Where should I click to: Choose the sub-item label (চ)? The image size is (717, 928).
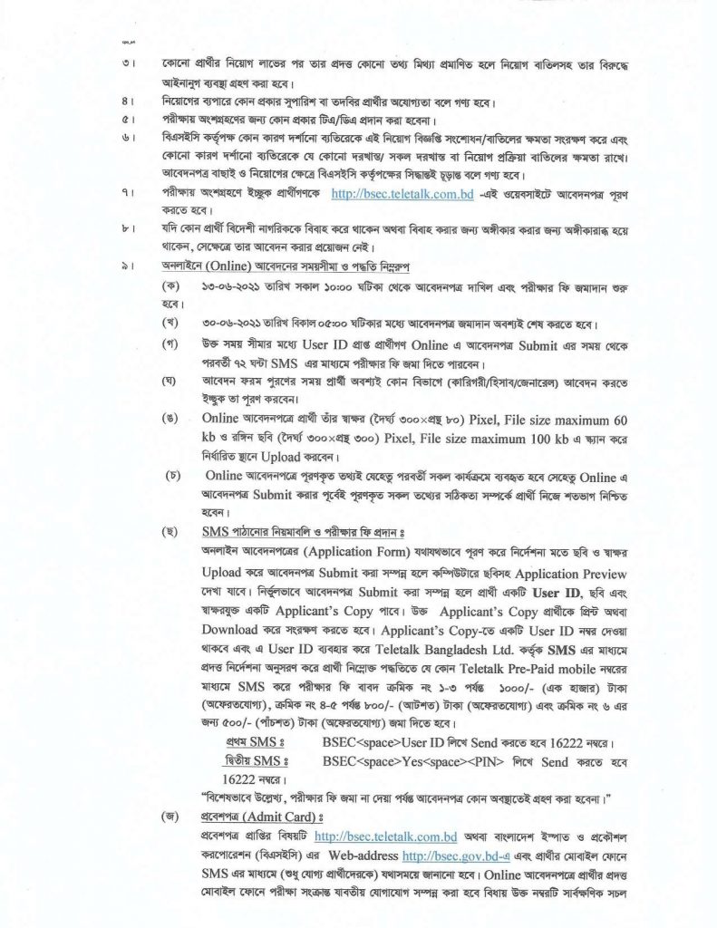click(170, 474)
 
